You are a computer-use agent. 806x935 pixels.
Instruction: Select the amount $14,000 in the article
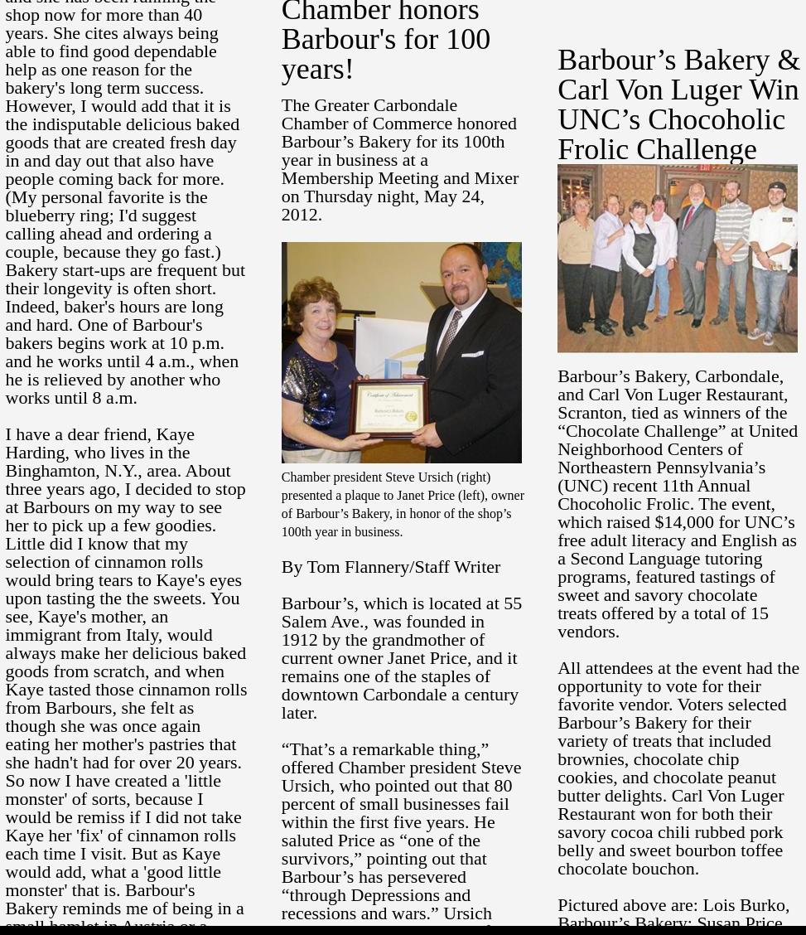pos(683,522)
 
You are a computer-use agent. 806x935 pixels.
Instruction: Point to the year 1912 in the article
pos(299,640)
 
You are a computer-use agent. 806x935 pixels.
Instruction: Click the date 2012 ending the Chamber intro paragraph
pos(299,215)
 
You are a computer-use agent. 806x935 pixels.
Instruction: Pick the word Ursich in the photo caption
pos(435,477)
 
